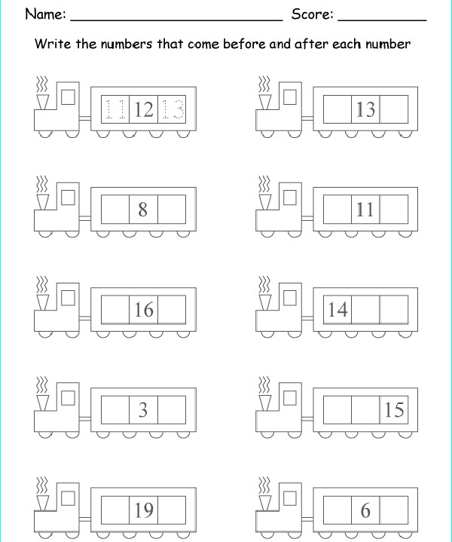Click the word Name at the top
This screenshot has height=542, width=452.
[x=45, y=14]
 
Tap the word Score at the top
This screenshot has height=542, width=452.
[x=312, y=14]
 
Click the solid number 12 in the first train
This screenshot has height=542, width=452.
[x=143, y=109]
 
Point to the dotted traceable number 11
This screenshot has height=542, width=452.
[x=115, y=109]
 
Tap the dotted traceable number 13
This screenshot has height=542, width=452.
[x=172, y=109]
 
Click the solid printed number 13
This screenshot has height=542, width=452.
[x=365, y=109]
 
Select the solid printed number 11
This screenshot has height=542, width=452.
[x=365, y=210]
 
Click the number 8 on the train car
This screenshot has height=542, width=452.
[x=142, y=210]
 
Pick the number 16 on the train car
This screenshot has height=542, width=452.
[x=144, y=310]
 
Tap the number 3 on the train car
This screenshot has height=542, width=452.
[x=143, y=410]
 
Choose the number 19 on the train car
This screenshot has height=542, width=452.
[x=144, y=510]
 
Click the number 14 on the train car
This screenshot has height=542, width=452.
[x=337, y=310]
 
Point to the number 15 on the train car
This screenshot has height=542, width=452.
[x=394, y=410]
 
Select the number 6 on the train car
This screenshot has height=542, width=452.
[x=365, y=510]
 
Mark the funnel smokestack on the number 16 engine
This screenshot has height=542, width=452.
[x=43, y=302]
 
